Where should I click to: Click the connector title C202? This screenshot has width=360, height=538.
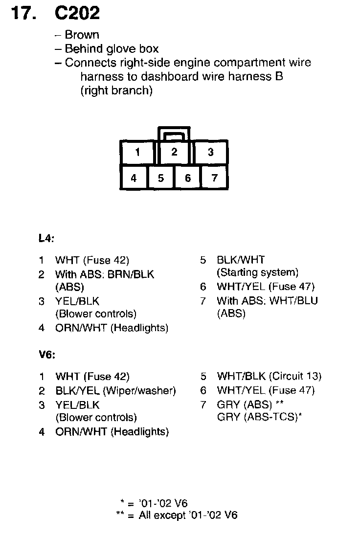click(77, 13)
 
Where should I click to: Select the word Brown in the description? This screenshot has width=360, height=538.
click(82, 35)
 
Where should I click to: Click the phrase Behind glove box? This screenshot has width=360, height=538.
click(112, 49)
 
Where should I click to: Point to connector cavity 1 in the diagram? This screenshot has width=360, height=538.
click(137, 152)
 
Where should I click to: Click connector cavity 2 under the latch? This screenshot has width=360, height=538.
click(174, 152)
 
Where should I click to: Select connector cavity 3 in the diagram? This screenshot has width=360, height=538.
click(210, 152)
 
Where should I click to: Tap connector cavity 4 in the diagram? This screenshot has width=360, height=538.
click(134, 178)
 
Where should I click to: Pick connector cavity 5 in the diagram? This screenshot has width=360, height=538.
click(160, 178)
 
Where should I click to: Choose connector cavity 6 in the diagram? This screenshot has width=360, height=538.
click(187, 178)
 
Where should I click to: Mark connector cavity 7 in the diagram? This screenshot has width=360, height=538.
click(214, 178)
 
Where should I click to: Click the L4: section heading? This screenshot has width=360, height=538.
click(46, 239)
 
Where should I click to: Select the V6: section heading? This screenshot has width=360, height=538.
click(47, 355)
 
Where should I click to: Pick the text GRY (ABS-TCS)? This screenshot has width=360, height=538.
click(257, 418)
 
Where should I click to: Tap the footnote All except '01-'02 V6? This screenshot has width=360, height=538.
click(188, 516)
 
